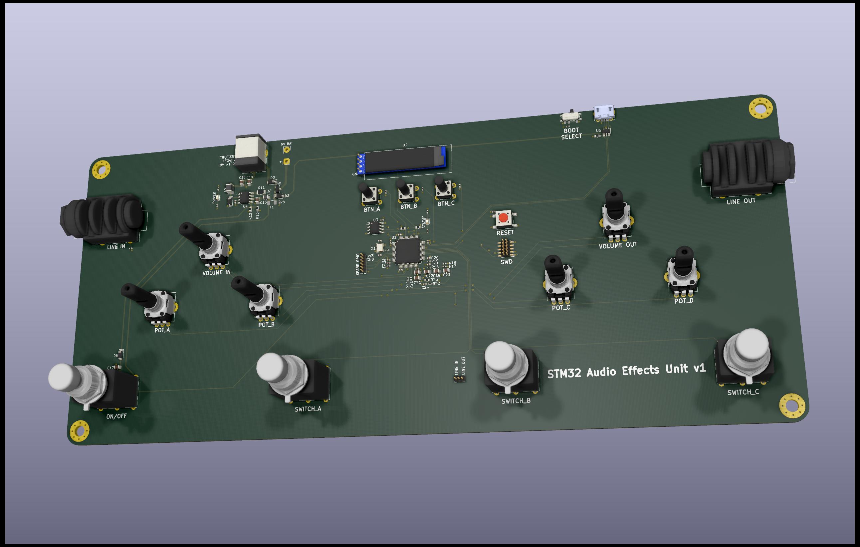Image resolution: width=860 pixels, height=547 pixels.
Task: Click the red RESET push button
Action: pos(503,218)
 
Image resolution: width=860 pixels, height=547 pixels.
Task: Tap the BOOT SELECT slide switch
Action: pos(570,117)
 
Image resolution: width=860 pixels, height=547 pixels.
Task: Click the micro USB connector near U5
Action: pos(604,113)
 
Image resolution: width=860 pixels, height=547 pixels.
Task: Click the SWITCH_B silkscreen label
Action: pos(516,401)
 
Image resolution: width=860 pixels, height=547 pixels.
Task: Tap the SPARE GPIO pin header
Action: pos(361,263)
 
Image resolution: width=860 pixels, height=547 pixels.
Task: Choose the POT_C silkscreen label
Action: pos(561,308)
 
